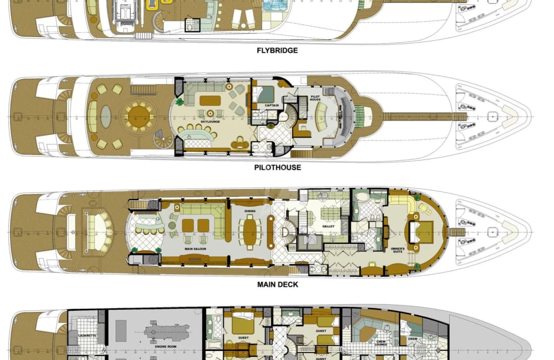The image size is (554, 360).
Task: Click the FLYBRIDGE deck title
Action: [277, 50]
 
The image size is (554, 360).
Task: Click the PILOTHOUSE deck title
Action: [277, 167]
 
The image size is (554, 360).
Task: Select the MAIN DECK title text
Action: [277, 285]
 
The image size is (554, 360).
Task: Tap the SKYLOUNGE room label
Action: [210, 121]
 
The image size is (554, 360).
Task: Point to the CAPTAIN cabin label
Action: [271, 105]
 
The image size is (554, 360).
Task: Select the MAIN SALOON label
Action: [196, 249]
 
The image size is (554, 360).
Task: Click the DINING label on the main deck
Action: [250, 211]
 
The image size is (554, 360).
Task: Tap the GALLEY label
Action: [328, 226]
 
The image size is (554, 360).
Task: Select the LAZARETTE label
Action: [87, 336]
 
